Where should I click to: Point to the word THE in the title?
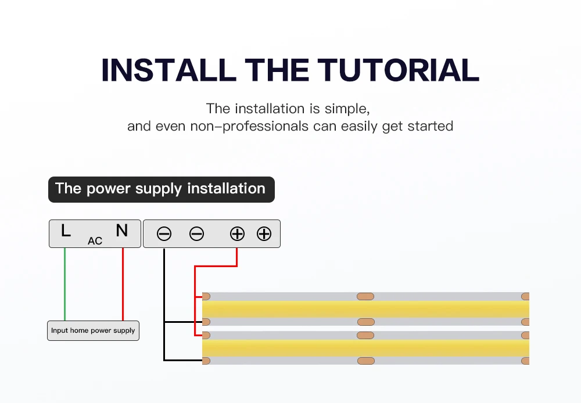(277, 70)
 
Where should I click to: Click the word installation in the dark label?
(226, 189)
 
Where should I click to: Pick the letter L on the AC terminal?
(66, 231)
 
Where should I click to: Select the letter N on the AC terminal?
(121, 231)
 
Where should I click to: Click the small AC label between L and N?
(95, 240)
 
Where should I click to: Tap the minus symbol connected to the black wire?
(164, 234)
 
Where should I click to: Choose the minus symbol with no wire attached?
(197, 234)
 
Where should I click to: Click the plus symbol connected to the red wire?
(237, 234)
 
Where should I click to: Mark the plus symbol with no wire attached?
(264, 234)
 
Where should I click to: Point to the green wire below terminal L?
(65, 285)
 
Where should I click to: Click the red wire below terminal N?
(123, 285)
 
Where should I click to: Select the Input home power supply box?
(93, 330)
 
